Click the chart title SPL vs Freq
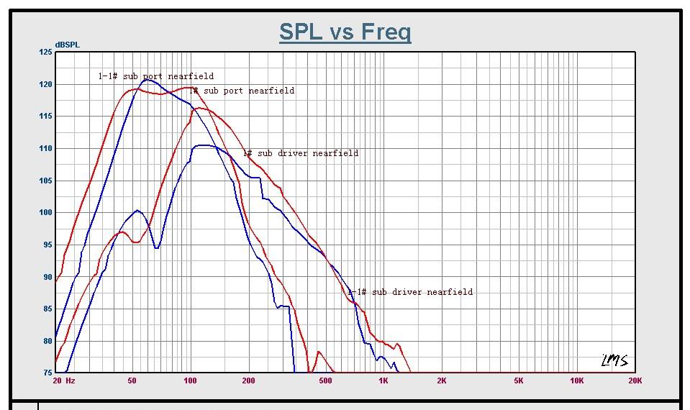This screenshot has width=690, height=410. (345, 32)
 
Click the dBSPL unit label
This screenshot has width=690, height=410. (67, 45)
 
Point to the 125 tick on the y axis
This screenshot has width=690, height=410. (45, 52)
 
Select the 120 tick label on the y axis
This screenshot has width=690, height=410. (45, 84)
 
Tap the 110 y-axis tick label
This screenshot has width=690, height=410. (45, 148)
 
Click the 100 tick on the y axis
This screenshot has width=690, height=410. (45, 212)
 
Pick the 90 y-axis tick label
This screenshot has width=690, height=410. (47, 277)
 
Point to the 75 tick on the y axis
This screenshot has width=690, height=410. (47, 373)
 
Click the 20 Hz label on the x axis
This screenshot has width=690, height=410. (64, 381)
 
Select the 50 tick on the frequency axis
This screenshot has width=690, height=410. (132, 381)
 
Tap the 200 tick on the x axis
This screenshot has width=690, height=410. (248, 381)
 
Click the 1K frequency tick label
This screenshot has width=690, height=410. (383, 381)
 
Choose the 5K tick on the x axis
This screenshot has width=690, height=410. (519, 381)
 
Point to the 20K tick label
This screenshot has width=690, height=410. (635, 381)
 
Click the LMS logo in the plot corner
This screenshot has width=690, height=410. (614, 360)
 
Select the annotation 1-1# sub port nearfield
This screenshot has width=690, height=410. (156, 76)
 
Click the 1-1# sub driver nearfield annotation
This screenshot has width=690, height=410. (411, 292)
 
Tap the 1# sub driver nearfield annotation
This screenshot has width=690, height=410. (300, 153)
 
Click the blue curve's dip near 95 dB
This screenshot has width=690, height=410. (156, 247)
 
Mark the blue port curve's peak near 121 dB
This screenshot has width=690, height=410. (147, 80)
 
